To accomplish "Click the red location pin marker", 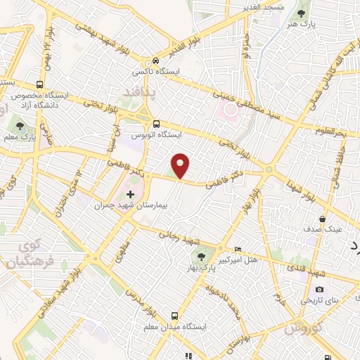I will pyautogui.click(x=181, y=166).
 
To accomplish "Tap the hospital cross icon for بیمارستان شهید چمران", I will pyautogui.click(x=130, y=193).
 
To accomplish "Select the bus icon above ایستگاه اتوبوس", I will pyautogui.click(x=156, y=122).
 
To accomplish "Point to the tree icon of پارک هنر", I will pyautogui.click(x=302, y=13).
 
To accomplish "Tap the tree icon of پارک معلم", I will pyautogui.click(x=20, y=125).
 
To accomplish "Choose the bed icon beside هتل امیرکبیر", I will pyautogui.click(x=238, y=249).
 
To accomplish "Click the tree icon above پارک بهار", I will pyautogui.click(x=202, y=257).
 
